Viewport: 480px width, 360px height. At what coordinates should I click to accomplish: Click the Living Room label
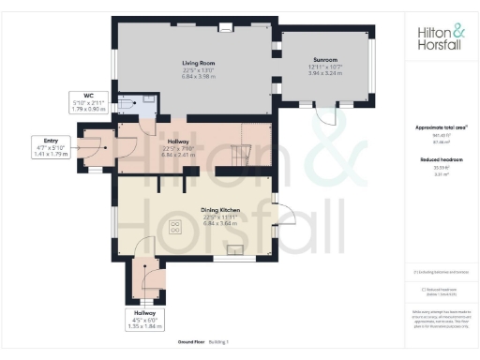pos(198,63)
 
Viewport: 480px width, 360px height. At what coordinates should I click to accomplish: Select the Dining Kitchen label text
pos(197,210)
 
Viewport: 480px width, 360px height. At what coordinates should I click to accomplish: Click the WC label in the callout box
pos(89,95)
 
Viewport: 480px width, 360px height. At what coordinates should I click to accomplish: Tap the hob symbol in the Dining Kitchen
pos(174,225)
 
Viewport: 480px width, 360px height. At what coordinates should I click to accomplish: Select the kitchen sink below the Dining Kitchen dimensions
pos(235,249)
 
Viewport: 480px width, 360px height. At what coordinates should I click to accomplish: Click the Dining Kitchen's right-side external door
pos(282,215)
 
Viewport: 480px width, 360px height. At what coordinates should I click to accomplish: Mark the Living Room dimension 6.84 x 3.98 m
pos(198,77)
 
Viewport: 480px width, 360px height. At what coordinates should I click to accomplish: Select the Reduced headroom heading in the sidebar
pos(439,160)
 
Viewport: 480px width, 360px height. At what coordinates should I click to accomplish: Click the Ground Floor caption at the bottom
pos(179,342)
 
